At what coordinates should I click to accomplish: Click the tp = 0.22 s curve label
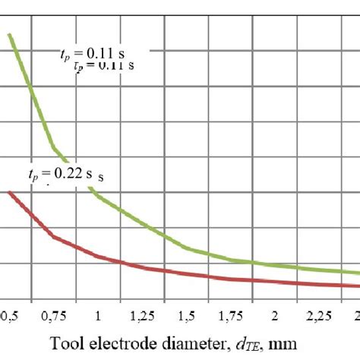pos(65,175)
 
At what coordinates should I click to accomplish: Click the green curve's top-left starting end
pos(10,33)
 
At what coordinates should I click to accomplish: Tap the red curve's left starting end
pos(10,192)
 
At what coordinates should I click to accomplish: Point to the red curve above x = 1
pos(98,260)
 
